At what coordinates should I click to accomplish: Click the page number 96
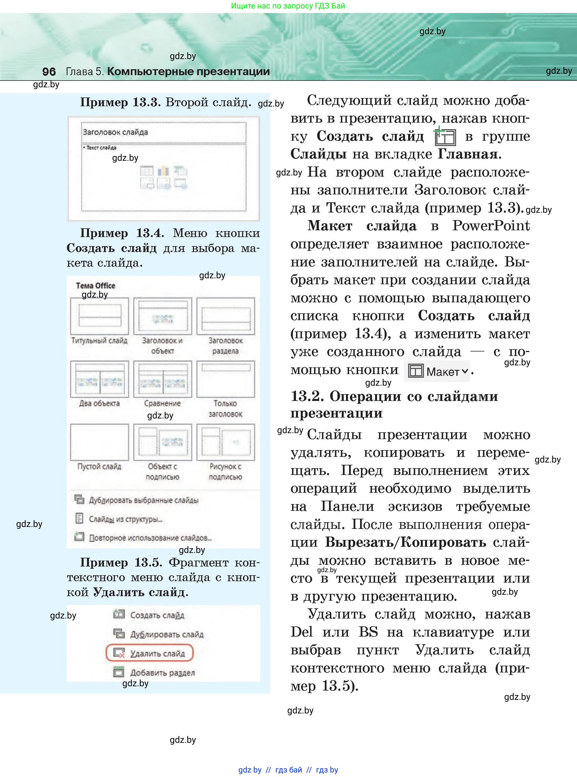pos(49,71)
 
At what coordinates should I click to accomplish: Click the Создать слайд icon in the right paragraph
pos(445,136)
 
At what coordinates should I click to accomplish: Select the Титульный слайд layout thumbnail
pos(99,316)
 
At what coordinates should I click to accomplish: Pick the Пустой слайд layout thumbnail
pos(99,442)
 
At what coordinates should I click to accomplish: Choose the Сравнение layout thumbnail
pos(162,379)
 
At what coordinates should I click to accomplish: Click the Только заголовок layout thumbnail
pos(226,379)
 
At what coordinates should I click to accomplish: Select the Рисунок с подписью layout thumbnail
pos(226,442)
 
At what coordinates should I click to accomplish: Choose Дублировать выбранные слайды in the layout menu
pos(143,500)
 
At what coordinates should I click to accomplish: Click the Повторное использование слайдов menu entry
pos(150,538)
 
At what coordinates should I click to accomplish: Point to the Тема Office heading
pos(95,285)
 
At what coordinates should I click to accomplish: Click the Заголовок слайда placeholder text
pos(115,132)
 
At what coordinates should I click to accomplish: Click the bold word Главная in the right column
pos(469,154)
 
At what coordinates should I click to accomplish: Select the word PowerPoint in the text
pos(491,225)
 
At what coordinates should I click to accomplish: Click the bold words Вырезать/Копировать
pos(405,542)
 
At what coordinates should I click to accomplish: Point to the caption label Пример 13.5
pos(121,562)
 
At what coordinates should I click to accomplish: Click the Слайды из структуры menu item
pos(125,519)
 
